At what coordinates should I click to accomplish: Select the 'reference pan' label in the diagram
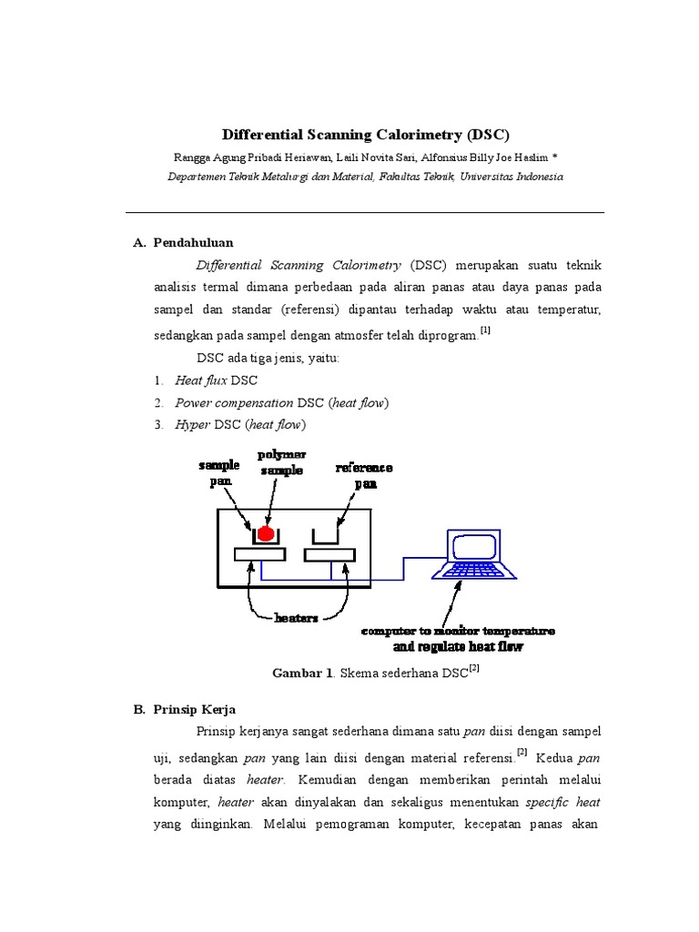(364, 475)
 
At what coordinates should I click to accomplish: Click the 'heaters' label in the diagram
(297, 618)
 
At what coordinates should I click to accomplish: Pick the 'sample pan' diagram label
(219, 471)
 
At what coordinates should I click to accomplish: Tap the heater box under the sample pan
(260, 554)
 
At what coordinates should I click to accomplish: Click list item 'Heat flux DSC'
(217, 380)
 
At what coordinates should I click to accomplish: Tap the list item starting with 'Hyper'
(241, 424)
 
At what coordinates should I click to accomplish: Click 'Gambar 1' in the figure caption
(303, 674)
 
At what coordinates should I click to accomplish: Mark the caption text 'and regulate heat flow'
(459, 648)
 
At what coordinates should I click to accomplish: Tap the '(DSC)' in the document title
(489, 135)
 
